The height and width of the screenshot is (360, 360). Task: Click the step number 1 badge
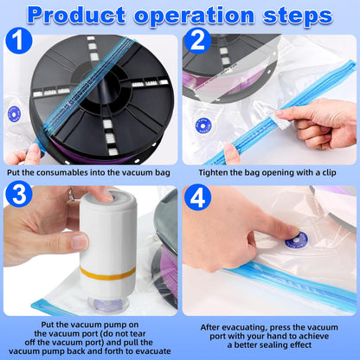[x=18, y=41]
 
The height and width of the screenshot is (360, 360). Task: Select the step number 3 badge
[x=19, y=194]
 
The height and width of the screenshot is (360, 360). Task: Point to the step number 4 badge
[x=197, y=197]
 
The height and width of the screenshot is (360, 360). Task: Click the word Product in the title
[x=76, y=15]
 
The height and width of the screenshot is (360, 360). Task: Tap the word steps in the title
[x=298, y=15]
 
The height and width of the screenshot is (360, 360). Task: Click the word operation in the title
[x=194, y=16]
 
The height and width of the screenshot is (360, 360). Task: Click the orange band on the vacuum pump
[x=107, y=273]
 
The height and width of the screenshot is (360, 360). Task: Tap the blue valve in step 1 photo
[x=14, y=114]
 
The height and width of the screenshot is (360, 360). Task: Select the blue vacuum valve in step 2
[x=203, y=125]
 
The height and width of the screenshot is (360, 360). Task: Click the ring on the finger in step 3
[x=71, y=194]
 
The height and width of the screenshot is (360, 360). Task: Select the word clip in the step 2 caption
[x=329, y=173]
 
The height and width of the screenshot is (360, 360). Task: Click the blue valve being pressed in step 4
[x=297, y=240]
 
